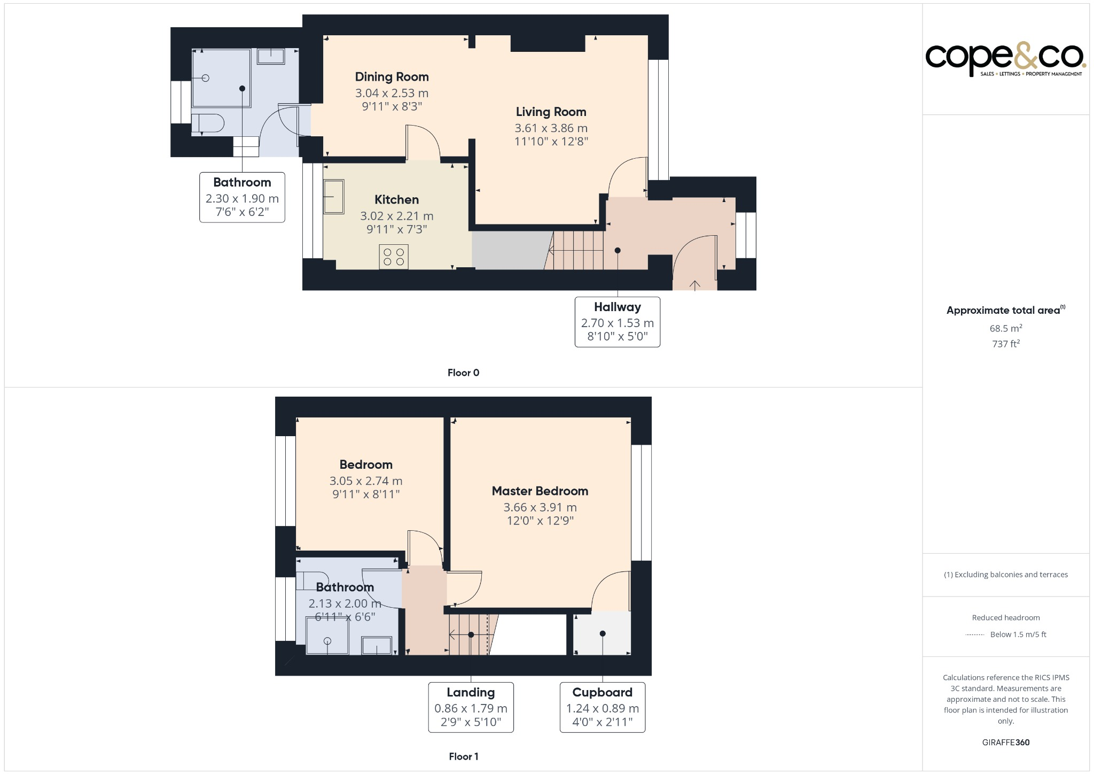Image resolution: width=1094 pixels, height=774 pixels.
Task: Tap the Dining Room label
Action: [392, 77]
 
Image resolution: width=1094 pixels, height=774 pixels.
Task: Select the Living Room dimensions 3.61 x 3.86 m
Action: [551, 128]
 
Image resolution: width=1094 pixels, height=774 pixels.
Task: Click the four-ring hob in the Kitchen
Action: [394, 257]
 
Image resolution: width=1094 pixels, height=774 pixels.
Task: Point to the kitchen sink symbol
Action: [334, 197]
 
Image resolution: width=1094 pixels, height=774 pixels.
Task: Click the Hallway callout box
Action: [617, 322]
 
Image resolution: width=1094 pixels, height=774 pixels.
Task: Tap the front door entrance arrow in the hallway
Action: [694, 285]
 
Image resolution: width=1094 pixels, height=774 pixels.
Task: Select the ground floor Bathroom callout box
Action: [242, 197]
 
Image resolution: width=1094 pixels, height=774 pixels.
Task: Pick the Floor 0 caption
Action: [463, 373]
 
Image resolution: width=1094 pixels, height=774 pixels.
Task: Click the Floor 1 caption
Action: [463, 756]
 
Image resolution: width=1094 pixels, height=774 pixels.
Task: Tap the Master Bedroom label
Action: [540, 491]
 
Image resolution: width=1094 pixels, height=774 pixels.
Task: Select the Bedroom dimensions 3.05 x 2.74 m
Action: [366, 481]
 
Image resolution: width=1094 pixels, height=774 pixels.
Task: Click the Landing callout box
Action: [471, 707]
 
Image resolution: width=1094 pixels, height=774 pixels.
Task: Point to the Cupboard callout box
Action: [602, 707]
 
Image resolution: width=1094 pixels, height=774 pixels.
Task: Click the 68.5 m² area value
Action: [1005, 328]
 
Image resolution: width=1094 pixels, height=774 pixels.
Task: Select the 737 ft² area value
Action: [1005, 344]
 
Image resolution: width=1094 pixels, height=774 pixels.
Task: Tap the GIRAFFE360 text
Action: [1005, 742]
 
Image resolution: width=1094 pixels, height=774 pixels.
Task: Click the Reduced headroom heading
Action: [1005, 617]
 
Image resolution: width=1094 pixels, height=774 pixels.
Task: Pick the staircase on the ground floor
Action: [577, 250]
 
